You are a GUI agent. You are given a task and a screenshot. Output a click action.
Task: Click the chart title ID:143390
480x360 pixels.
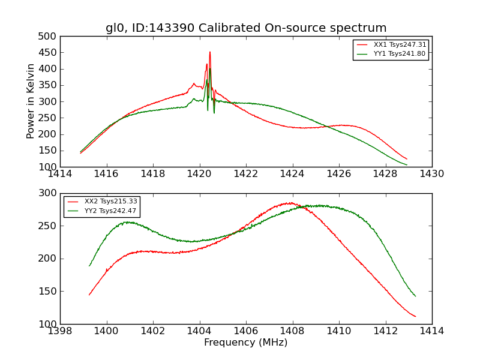pyautogui.click(x=246, y=28)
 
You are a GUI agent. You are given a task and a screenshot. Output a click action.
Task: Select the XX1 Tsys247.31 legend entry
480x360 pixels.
pyautogui.click(x=399, y=44)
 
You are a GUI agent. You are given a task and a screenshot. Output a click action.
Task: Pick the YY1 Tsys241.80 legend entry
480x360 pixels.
pyautogui.click(x=399, y=53)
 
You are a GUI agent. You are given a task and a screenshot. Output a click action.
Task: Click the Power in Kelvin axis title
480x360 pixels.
pyautogui.click(x=31, y=101)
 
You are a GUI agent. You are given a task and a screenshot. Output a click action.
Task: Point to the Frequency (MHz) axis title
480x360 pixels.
pyautogui.click(x=246, y=343)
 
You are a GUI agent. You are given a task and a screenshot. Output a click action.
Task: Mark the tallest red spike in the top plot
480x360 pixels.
pyautogui.click(x=210, y=52)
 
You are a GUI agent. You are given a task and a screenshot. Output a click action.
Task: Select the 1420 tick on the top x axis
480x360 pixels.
pyautogui.click(x=200, y=174)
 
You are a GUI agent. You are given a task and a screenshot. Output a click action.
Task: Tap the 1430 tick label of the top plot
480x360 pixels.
pyautogui.click(x=432, y=174)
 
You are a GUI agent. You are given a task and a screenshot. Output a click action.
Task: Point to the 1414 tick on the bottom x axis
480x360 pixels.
pyautogui.click(x=432, y=331)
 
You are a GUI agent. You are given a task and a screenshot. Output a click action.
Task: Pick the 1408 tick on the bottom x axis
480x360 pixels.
pyautogui.click(x=293, y=331)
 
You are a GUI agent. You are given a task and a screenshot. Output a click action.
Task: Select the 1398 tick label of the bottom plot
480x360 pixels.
pyautogui.click(x=60, y=331)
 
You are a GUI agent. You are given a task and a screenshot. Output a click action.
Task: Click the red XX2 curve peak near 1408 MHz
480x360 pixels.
pyautogui.click(x=290, y=203)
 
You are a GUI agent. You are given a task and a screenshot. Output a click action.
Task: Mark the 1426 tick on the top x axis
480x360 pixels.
pyautogui.click(x=339, y=174)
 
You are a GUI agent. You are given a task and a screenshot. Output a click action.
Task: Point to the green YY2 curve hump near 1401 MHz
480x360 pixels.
pyautogui.click(x=128, y=222)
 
